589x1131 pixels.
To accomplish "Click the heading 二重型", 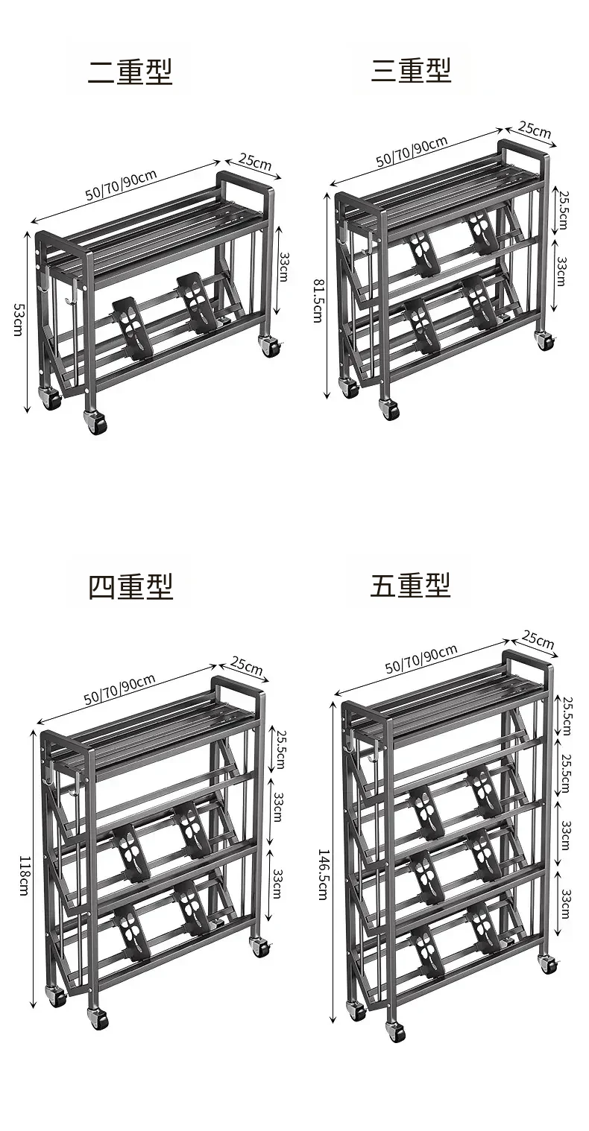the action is [x=130, y=72].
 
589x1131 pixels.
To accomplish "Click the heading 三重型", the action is [x=411, y=70].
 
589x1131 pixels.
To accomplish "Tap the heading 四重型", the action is [x=130, y=586].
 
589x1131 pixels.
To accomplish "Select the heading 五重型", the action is [x=410, y=585].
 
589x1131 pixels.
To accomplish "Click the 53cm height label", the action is [x=18, y=320].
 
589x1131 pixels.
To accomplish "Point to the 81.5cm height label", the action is [x=318, y=300].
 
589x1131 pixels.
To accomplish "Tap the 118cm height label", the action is [x=24, y=875].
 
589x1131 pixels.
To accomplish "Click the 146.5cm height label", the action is [x=324, y=875].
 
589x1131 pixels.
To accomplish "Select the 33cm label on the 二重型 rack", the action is [x=283, y=267].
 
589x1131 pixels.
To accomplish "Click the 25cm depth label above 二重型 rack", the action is [x=255, y=162].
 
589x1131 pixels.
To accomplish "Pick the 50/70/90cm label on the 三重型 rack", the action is [x=412, y=151].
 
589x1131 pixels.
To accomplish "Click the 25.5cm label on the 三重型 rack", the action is [x=563, y=209].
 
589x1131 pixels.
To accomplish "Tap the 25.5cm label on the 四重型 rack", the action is [x=281, y=750].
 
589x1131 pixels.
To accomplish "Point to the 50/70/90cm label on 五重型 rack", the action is [x=421, y=659].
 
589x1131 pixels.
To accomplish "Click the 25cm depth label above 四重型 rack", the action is [x=247, y=665].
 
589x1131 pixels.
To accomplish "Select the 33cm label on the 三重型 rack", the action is [x=561, y=271].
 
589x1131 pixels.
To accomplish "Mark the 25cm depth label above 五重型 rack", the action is [x=538, y=640].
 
